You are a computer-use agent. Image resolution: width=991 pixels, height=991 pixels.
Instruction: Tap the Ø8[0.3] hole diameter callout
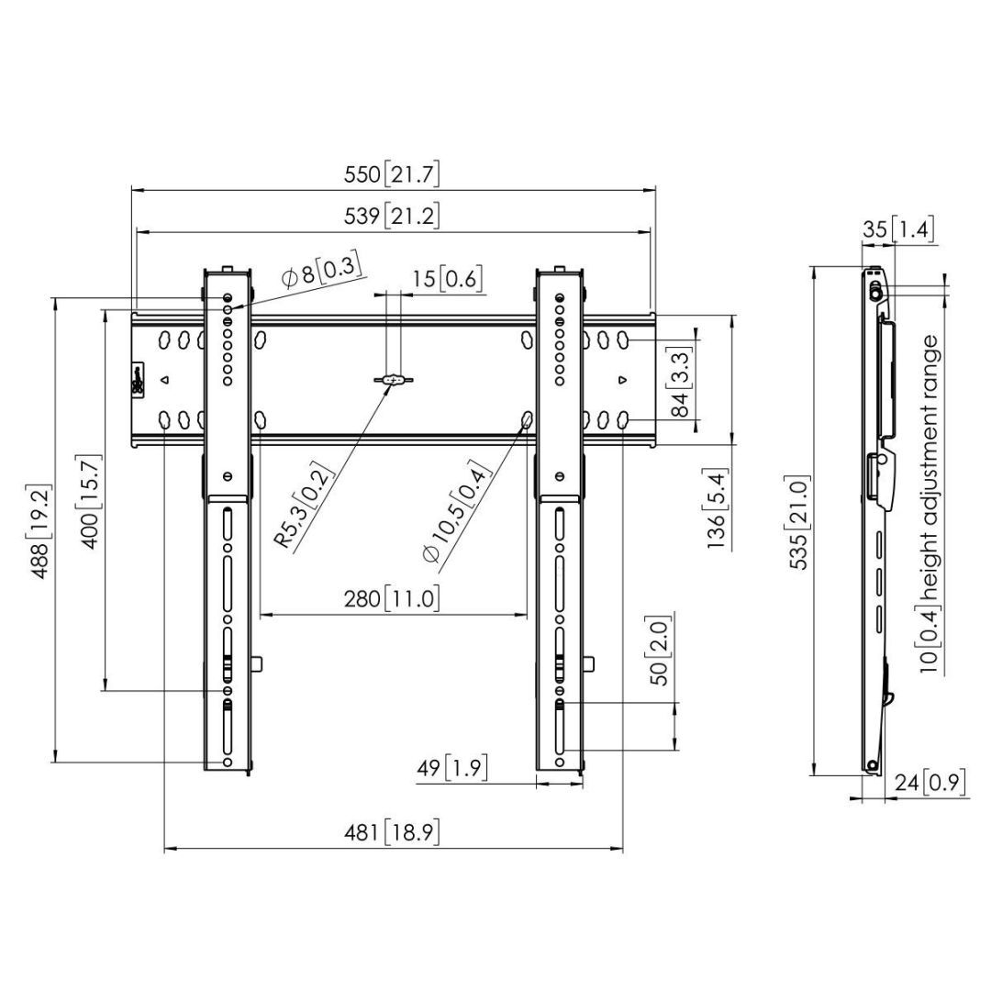(319, 273)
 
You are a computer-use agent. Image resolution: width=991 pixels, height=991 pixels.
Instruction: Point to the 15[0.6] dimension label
(446, 279)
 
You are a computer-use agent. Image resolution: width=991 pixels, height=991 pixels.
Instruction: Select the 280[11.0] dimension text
(392, 599)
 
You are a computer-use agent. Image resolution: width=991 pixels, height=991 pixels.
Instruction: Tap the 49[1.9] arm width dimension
(451, 767)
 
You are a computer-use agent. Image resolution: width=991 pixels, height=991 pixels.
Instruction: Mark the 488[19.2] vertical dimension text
(40, 532)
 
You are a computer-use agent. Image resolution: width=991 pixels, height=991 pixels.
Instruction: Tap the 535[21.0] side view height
(800, 524)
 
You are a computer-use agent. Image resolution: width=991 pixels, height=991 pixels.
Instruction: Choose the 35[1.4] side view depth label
(897, 229)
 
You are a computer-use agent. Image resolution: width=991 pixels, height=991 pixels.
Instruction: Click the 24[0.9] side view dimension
(929, 783)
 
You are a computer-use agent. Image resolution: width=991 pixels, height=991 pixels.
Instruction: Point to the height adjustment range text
(930, 505)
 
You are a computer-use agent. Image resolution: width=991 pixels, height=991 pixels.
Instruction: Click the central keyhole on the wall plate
(393, 379)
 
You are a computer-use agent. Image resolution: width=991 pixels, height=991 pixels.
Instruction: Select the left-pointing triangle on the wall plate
(165, 379)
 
